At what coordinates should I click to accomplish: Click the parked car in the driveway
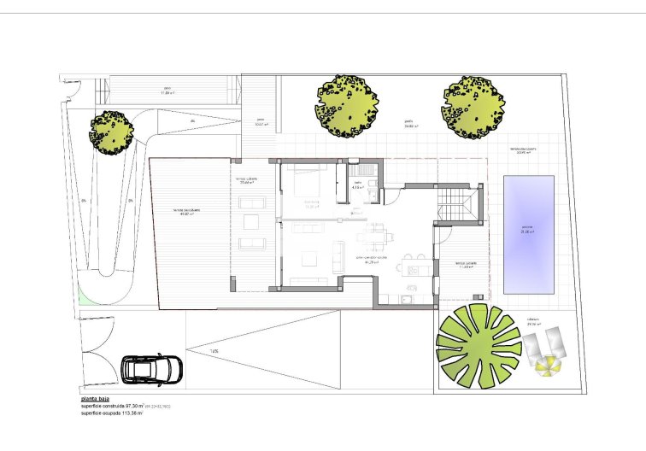[152, 369]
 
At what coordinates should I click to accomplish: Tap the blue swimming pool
[528, 233]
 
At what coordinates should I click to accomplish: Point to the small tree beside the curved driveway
[112, 132]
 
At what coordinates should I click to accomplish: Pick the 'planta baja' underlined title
[97, 399]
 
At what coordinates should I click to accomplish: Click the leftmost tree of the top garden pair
[346, 106]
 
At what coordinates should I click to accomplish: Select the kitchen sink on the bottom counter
[407, 300]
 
